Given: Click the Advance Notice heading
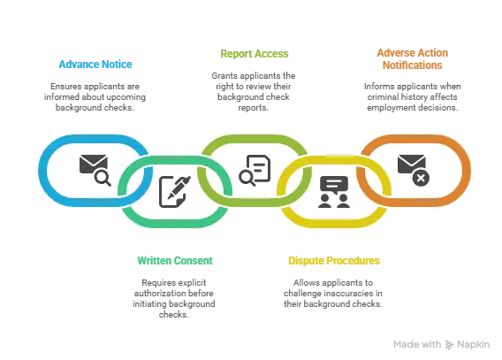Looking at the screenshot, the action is tap(95, 65).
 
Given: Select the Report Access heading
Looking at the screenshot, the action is tap(255, 54).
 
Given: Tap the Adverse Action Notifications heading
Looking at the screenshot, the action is tap(413, 59).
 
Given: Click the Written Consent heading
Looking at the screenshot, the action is tap(175, 261).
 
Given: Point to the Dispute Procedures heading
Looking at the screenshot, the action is tap(334, 261).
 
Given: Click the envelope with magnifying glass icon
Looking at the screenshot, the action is tap(95, 170).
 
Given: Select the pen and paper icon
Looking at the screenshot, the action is tap(175, 192).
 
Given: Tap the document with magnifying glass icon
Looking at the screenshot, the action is tap(255, 170).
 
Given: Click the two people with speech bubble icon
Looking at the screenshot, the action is tap(334, 192).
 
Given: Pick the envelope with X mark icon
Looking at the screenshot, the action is tap(414, 170).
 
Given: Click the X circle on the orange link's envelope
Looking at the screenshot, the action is tap(421, 178).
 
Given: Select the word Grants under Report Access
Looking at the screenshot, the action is tap(224, 76).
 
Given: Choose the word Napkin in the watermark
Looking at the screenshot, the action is tap(473, 345).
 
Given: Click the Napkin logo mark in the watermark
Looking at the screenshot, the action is tap(449, 345).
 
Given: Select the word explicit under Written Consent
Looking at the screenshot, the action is tap(192, 283).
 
